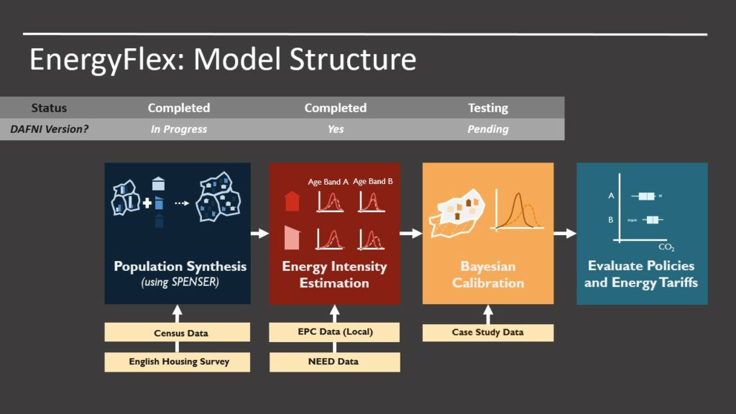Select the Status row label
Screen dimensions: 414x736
[49, 108]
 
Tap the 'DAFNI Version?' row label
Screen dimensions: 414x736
[49, 129]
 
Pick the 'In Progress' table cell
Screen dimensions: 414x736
[179, 129]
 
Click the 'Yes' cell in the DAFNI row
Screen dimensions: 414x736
[335, 129]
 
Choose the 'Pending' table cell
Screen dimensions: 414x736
[488, 129]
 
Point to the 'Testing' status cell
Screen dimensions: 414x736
[488, 108]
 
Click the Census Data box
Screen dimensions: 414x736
[178, 333]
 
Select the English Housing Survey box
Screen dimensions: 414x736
[178, 362]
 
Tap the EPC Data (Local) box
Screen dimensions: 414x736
[334, 333]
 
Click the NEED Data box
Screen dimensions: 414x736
[334, 362]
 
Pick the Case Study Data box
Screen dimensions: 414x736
[488, 333]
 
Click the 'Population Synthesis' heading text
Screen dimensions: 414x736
[180, 267]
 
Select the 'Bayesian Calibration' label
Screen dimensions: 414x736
[488, 275]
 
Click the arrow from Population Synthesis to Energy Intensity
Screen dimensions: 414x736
[259, 233]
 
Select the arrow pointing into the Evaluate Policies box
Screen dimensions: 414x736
[565, 233]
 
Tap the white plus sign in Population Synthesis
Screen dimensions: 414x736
[147, 203]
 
